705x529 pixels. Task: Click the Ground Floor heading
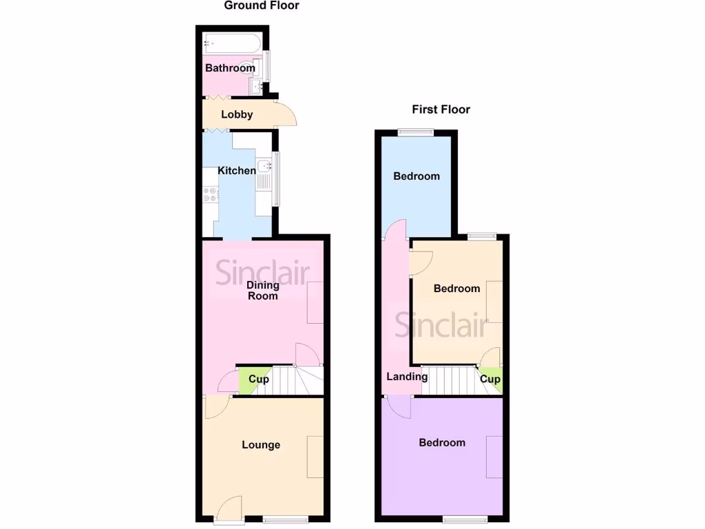click(262, 6)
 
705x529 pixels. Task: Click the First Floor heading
click(441, 110)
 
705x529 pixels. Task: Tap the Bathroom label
click(230, 68)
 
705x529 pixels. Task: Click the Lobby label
click(237, 115)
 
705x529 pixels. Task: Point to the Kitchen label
click(237, 170)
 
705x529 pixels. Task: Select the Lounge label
click(261, 445)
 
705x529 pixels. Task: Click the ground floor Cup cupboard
click(256, 380)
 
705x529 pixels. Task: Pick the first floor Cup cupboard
click(490, 380)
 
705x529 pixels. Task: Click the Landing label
click(407, 377)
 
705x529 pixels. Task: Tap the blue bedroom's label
click(417, 176)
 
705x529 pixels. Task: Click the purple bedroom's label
click(442, 443)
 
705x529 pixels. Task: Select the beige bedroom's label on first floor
click(456, 289)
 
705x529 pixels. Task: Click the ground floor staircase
click(296, 380)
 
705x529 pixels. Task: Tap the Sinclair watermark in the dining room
click(262, 273)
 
